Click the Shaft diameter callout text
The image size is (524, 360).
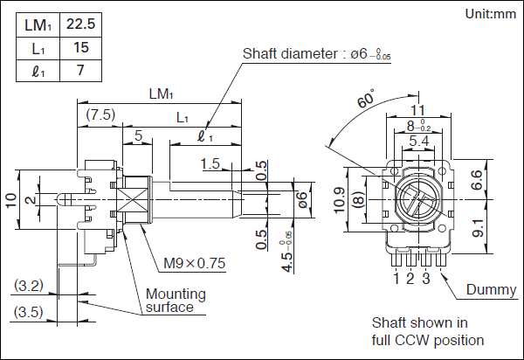pos(307,53)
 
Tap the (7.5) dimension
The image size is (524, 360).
pos(100,114)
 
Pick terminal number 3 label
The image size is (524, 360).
pos(425,279)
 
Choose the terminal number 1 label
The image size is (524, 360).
pos(398,279)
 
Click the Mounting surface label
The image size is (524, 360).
pos(175,301)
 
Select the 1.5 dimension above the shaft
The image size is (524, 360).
pos(210,163)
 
